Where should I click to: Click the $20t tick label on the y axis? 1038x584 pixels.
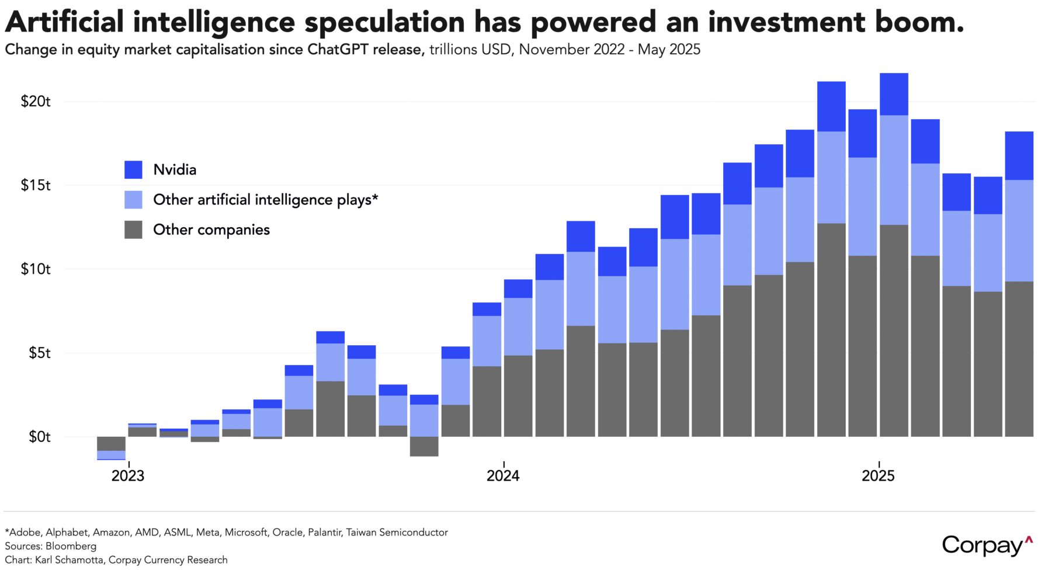tap(36, 102)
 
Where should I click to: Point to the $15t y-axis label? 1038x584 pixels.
tap(36, 185)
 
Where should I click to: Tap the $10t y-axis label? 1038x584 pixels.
tap(36, 269)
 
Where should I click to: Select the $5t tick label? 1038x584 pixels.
tap(39, 353)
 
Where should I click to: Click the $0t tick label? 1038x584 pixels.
tap(39, 437)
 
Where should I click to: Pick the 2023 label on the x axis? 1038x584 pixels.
tap(128, 476)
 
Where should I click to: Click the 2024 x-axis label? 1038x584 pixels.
tap(503, 476)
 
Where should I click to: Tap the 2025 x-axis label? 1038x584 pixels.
tap(878, 476)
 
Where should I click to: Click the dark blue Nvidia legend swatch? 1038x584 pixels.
tap(133, 170)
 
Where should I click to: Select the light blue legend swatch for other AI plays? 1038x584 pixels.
tap(133, 200)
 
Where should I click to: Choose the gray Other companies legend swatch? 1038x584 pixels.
tap(133, 230)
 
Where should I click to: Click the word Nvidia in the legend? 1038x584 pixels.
tap(175, 170)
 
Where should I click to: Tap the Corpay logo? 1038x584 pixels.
tap(987, 545)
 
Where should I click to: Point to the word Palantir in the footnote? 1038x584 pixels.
tap(323, 532)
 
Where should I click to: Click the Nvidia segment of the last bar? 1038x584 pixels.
tap(1019, 155)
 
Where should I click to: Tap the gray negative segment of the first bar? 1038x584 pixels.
tap(111, 443)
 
